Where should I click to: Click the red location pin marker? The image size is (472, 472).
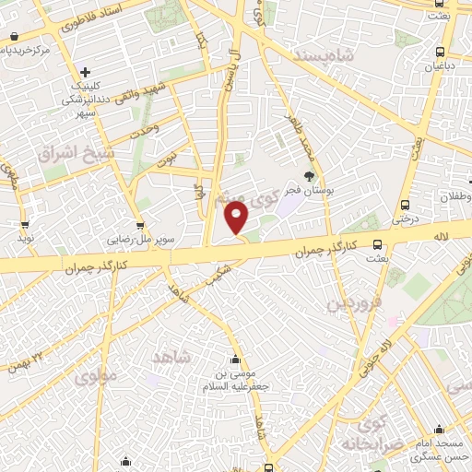[237, 218]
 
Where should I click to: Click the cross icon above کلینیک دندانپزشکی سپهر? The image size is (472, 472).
[84, 72]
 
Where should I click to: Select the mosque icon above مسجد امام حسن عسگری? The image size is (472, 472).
[438, 429]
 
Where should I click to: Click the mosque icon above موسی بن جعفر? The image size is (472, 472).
[237, 358]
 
